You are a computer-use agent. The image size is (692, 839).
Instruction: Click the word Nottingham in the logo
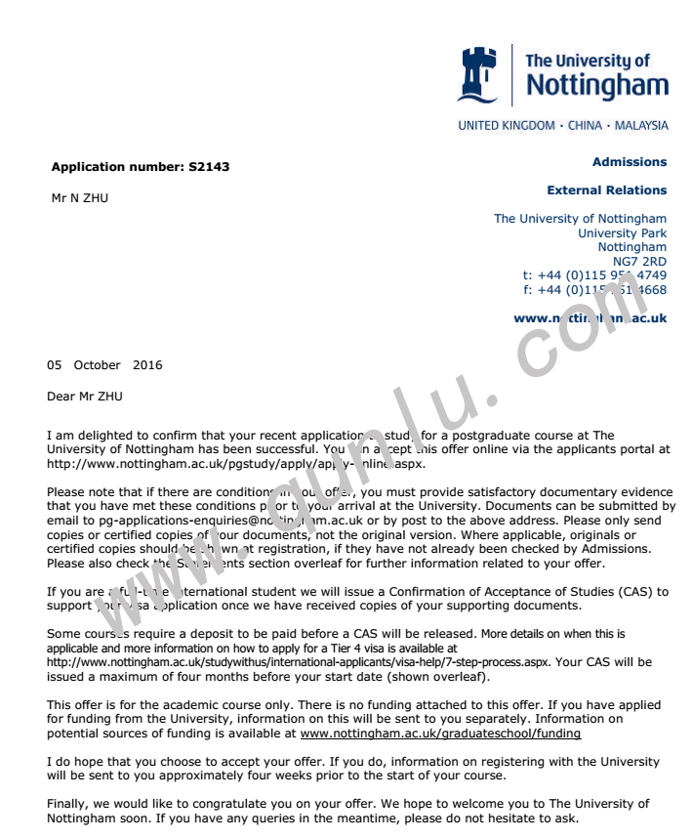tap(597, 86)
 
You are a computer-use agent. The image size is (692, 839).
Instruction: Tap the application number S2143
tap(209, 167)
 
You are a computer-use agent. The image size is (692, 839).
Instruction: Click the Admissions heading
tap(630, 162)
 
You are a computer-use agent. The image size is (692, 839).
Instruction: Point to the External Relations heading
tap(606, 190)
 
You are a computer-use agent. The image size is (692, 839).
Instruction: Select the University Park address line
tap(622, 233)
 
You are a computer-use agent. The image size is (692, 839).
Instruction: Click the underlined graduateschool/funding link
tap(440, 733)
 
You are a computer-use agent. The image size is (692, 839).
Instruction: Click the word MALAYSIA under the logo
tap(641, 126)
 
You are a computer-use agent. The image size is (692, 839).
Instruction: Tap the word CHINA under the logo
tap(585, 126)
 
